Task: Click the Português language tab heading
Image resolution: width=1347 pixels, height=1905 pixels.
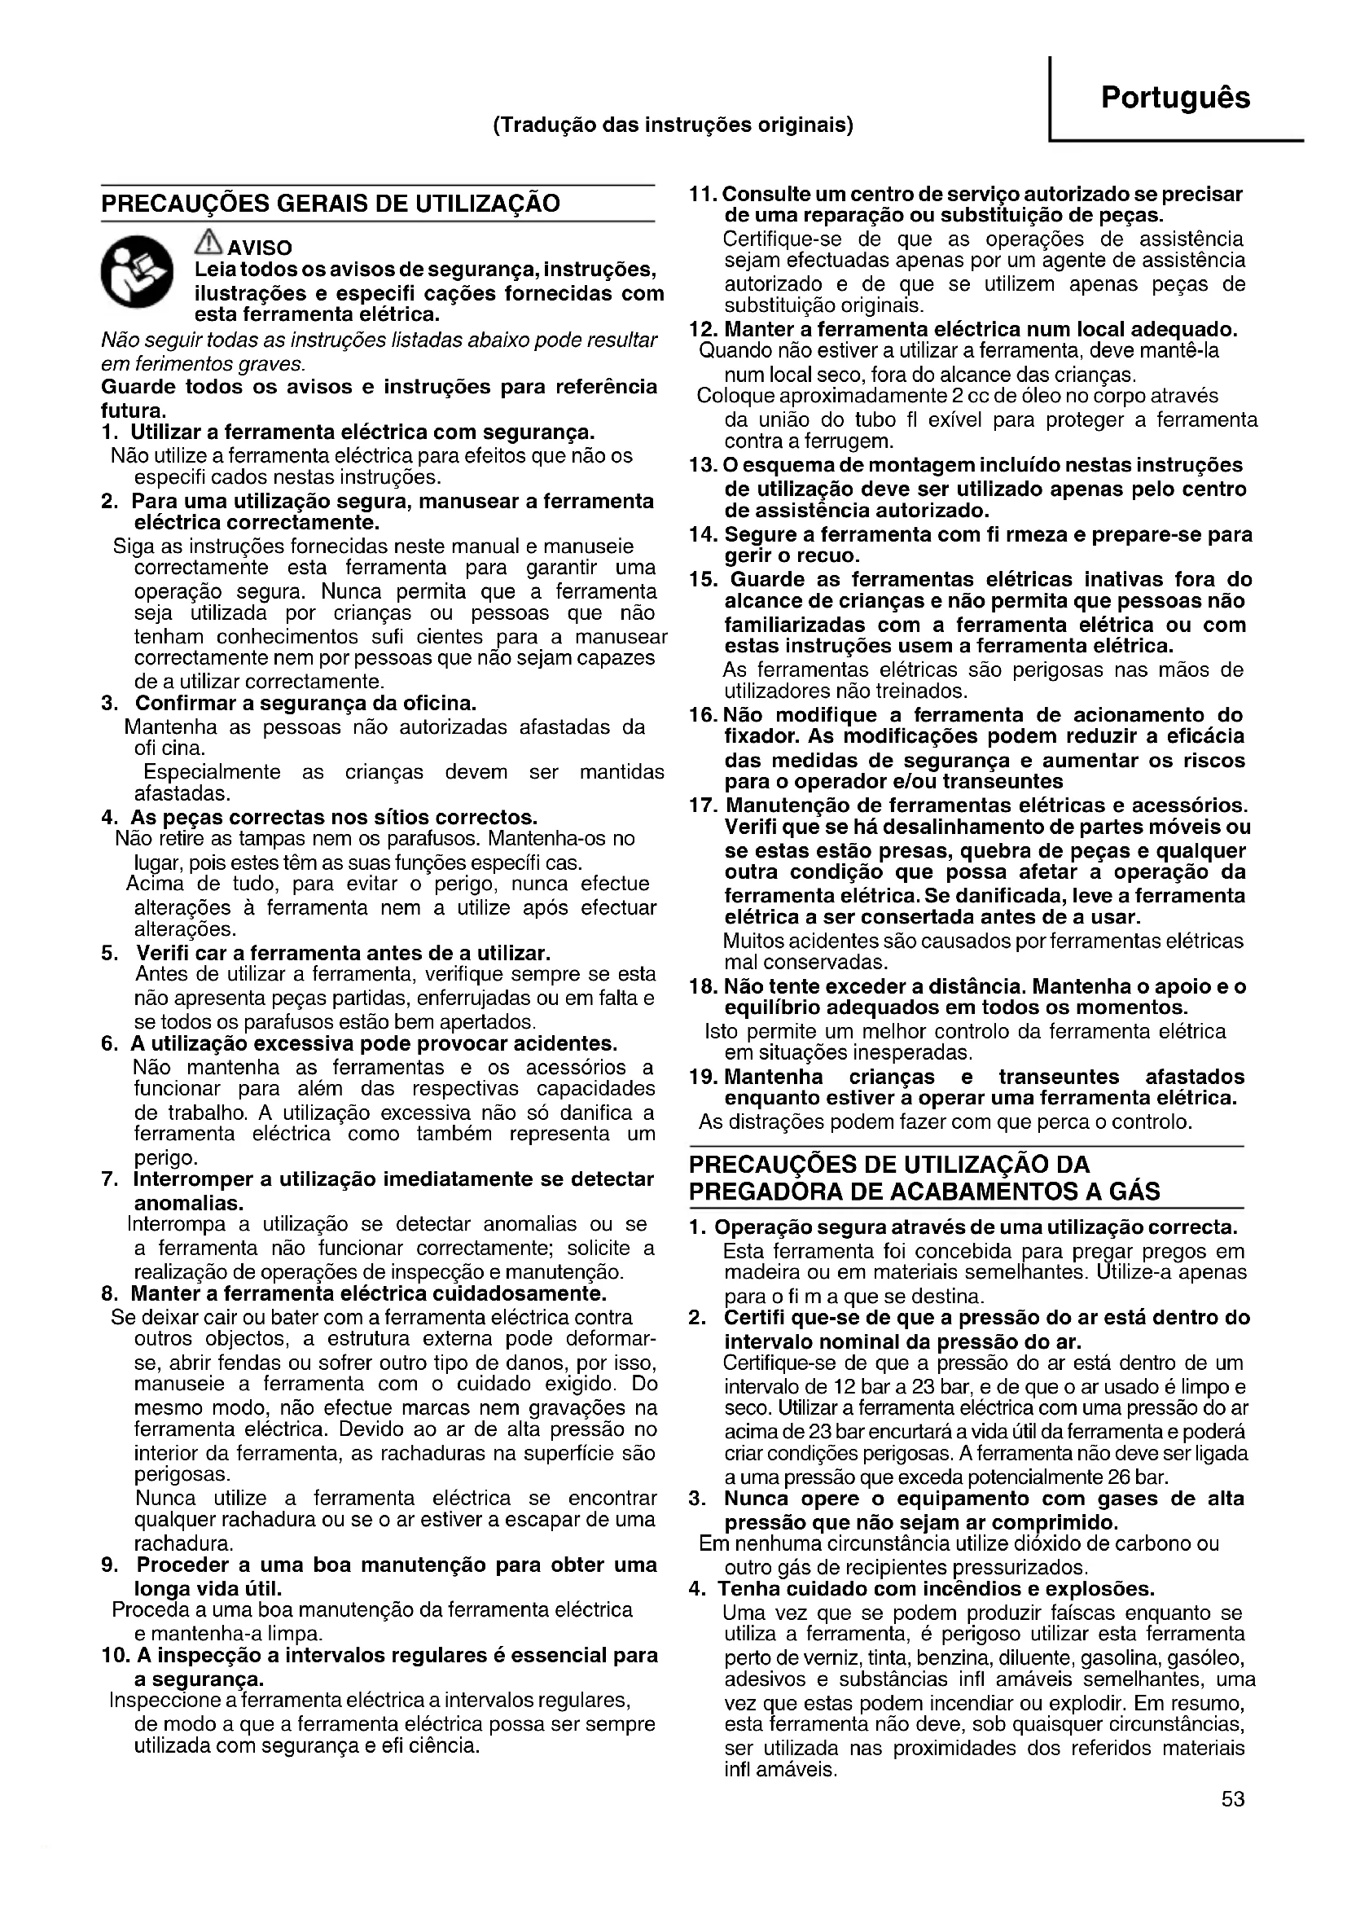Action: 1174,98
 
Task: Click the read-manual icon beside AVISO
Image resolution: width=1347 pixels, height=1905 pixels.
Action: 137,272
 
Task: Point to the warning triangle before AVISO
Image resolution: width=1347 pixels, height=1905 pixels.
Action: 208,242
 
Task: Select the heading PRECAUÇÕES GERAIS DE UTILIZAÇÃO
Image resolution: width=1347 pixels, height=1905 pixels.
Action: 330,204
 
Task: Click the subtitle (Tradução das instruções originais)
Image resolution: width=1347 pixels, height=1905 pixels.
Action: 673,125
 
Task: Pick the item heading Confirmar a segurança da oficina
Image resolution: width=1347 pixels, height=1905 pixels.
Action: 305,704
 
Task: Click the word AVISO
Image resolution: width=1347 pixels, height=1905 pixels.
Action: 260,248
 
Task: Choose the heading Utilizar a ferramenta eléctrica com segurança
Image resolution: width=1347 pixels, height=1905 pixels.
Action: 362,432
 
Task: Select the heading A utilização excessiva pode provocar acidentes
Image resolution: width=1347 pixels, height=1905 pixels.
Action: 373,1043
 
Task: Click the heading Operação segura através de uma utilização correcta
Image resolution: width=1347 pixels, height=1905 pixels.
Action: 976,1227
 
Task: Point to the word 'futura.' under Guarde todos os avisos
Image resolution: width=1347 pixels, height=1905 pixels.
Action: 134,410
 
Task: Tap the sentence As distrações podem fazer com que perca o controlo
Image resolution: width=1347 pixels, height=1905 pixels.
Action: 946,1122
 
